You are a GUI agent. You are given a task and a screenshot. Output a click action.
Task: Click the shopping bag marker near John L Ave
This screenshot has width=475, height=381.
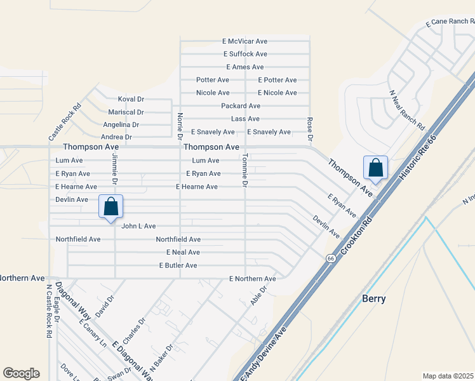click(x=111, y=207)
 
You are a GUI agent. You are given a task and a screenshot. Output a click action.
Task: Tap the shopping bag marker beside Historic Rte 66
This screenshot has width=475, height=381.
click(x=375, y=168)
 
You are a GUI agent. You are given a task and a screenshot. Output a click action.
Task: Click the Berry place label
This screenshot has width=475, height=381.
click(x=373, y=298)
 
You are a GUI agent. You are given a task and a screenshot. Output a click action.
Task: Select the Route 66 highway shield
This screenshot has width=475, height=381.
click(x=331, y=258)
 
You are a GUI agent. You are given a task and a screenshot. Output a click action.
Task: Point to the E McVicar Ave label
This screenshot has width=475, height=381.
click(x=245, y=41)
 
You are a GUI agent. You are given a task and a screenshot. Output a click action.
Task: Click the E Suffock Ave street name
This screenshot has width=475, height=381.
click(x=244, y=54)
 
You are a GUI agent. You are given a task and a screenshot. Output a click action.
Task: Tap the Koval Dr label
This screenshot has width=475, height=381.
click(x=131, y=99)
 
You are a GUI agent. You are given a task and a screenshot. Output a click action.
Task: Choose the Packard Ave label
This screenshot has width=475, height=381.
click(x=241, y=105)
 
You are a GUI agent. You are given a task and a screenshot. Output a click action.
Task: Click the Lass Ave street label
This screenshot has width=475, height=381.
click(x=246, y=119)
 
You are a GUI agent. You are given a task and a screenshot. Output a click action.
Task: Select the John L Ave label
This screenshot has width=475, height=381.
click(x=138, y=226)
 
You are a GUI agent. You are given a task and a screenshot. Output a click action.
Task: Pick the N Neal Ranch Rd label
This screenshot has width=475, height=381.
click(x=406, y=107)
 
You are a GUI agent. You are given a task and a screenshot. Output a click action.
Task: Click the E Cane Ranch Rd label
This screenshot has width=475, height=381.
click(x=450, y=22)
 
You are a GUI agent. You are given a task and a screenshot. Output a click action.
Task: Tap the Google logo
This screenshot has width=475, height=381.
click(x=21, y=373)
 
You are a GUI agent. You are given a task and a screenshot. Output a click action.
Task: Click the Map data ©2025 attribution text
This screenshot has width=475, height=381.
click(x=448, y=376)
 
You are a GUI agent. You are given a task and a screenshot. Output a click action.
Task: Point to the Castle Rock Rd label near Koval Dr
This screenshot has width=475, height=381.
click(x=65, y=122)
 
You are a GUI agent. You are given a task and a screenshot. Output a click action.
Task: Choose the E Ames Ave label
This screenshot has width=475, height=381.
click(x=244, y=67)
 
